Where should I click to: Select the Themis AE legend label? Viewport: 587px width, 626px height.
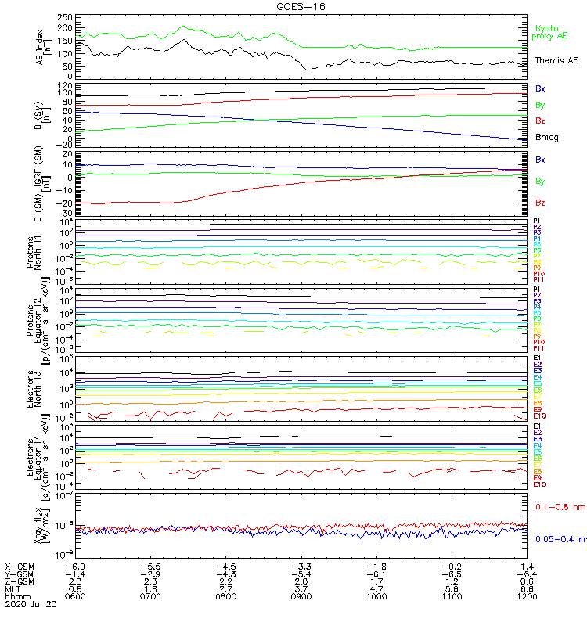pyautogui.click(x=555, y=60)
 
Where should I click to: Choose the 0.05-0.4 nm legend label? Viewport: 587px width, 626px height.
pyautogui.click(x=560, y=538)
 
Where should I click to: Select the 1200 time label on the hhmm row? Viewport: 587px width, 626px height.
pyautogui.click(x=528, y=596)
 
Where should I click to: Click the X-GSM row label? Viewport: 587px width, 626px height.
pyautogui.click(x=20, y=566)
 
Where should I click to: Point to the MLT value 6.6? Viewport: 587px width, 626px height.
pyautogui.click(x=528, y=588)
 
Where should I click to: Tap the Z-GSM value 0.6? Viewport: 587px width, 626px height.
pyautogui.click(x=528, y=581)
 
